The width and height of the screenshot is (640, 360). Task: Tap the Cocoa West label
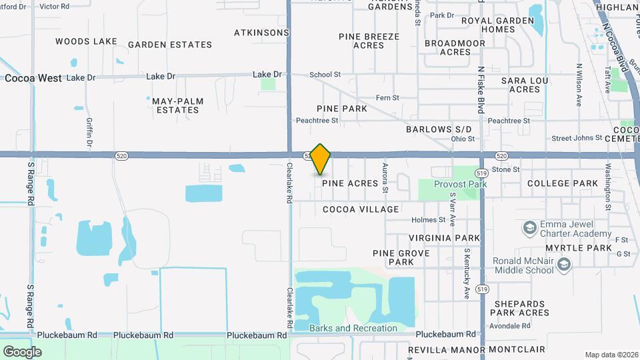33,78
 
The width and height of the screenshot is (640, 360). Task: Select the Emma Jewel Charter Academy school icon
529,228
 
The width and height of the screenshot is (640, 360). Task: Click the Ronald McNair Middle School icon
565,265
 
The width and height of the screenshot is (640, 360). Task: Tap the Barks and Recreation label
353,328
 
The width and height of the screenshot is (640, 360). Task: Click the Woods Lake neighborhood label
86,41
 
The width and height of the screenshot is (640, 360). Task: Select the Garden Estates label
170,45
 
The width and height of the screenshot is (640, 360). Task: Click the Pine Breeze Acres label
369,41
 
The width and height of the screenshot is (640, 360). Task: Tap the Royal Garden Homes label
498,25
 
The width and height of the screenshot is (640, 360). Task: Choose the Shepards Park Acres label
521,308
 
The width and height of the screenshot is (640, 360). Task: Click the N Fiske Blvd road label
481,89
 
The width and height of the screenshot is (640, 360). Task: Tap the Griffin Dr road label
89,133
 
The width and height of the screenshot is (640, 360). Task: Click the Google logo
22,351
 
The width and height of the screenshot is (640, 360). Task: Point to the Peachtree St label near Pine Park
317,121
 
